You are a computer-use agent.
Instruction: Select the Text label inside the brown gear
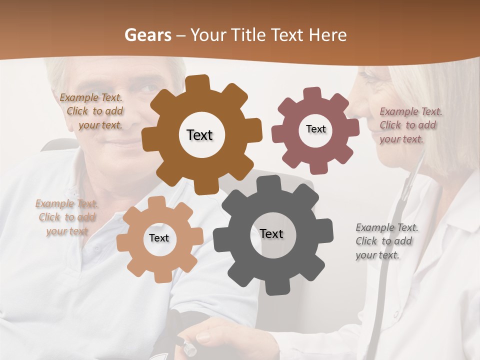199,135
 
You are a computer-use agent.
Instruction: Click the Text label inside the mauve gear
315,129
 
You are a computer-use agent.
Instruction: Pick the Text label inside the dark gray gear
271,233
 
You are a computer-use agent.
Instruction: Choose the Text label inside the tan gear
159,238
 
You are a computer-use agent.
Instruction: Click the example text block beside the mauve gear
410,125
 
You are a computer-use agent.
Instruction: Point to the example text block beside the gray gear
386,241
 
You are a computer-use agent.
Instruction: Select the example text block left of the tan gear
66,217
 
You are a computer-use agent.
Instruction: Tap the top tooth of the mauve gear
312,93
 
